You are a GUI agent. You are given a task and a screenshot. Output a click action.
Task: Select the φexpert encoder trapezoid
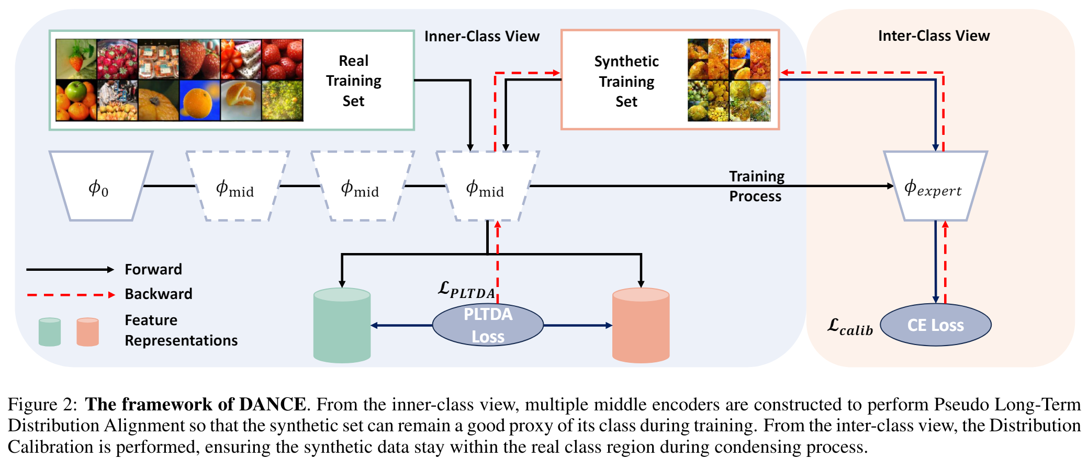[935, 186]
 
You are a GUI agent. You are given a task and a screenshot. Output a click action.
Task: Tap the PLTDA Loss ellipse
[488, 325]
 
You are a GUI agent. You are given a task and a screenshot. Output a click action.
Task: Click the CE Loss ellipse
[935, 325]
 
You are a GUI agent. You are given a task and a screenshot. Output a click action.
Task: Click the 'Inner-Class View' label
[481, 36]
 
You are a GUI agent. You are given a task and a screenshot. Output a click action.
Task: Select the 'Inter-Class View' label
[934, 36]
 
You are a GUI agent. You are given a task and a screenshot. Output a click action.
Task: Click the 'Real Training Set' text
[354, 81]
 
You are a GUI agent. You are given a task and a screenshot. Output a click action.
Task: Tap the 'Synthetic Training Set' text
[626, 82]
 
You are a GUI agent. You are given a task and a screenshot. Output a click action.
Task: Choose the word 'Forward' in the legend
[153, 269]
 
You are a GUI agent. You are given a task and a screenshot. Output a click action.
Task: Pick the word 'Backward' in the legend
[159, 294]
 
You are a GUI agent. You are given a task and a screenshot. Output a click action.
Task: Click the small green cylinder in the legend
[50, 332]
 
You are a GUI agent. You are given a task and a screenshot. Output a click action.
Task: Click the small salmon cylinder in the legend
[87, 332]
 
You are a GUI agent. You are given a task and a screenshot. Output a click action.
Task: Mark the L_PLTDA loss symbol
[466, 290]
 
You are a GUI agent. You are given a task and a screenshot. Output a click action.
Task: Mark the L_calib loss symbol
[850, 327]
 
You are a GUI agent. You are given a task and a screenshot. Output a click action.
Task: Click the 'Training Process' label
[756, 186]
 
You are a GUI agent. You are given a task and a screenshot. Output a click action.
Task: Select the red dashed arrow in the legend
[71, 295]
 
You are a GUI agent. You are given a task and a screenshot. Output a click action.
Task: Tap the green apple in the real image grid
[76, 93]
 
